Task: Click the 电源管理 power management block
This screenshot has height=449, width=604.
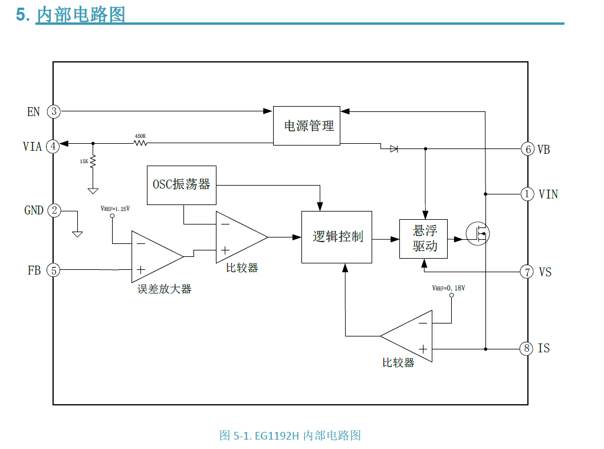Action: point(307,126)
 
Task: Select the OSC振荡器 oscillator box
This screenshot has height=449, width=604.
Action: point(181,185)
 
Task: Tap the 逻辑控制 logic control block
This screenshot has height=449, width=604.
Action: point(337,237)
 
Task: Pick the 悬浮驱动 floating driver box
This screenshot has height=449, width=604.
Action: point(423,239)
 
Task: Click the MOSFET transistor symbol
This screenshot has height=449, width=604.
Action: point(477,234)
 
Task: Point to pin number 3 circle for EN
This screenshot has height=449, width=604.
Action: point(54,111)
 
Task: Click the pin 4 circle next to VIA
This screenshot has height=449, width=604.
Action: point(54,146)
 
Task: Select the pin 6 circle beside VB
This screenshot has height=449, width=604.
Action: point(527,149)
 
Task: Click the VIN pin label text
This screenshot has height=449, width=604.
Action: point(548,194)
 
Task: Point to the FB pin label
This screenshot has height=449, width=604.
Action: point(34,270)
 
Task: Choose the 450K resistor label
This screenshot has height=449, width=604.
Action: point(140,136)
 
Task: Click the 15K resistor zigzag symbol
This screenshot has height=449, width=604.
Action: point(93,162)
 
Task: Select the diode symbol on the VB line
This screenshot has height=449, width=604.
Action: point(393,149)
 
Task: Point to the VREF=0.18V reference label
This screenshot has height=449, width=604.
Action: point(448,288)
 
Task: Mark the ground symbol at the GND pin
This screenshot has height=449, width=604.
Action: point(77,233)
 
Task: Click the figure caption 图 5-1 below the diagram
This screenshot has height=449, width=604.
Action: point(290,435)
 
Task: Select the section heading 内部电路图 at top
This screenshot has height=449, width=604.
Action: point(81,14)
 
